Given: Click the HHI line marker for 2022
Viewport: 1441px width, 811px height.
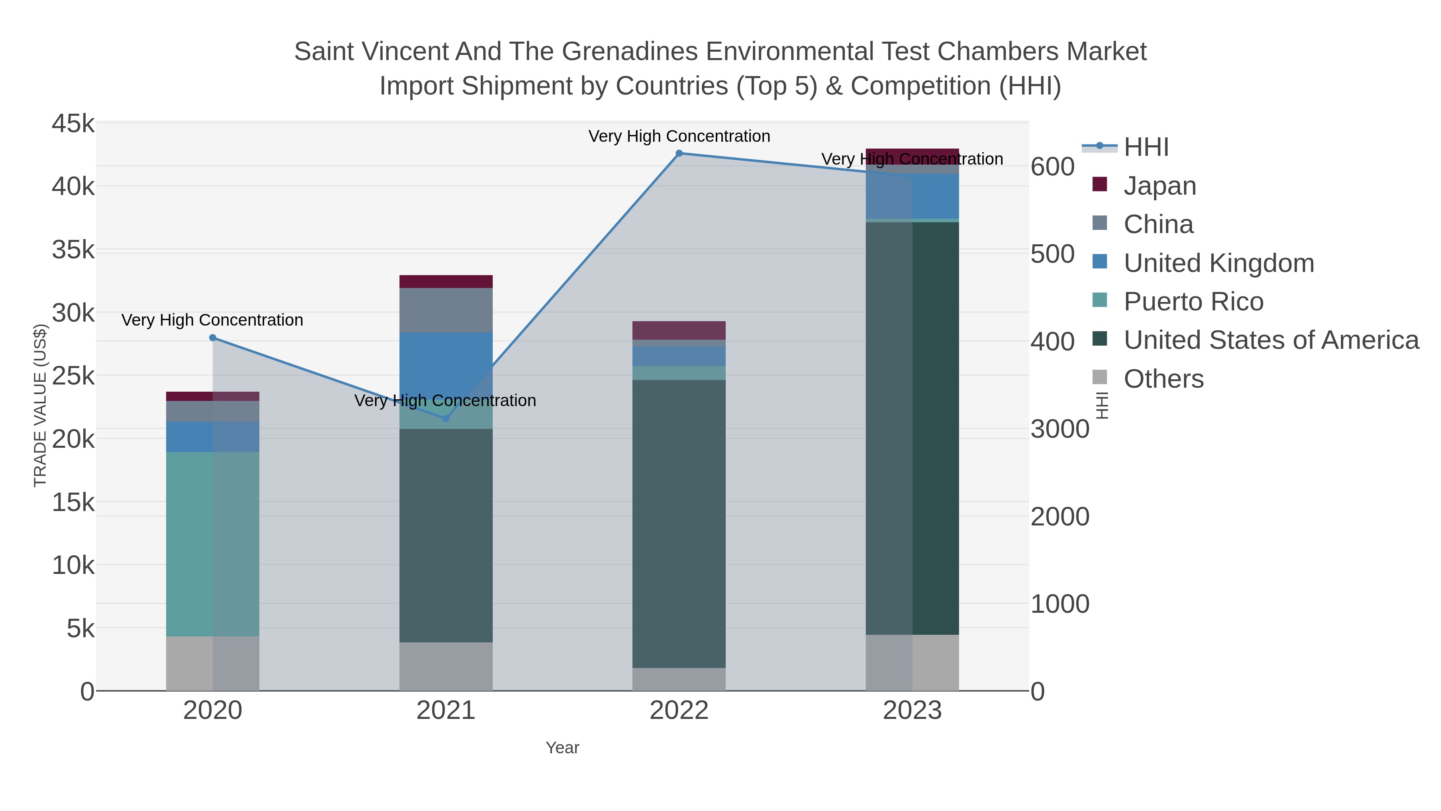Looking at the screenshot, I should click(x=679, y=153).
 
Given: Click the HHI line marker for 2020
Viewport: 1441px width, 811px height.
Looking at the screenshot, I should click(x=213, y=338).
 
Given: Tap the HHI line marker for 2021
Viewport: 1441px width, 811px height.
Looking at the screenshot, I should click(x=446, y=419).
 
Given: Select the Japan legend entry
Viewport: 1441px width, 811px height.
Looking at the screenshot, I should click(x=1160, y=186).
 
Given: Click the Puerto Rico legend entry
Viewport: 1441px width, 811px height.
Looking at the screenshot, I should click(x=1193, y=302).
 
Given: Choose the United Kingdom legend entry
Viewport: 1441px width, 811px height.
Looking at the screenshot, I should click(x=1218, y=263).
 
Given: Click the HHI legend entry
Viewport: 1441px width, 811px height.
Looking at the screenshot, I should click(x=1146, y=147).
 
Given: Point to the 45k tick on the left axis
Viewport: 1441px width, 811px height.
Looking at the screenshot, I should click(x=73, y=124).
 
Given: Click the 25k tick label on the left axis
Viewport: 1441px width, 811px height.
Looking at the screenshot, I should click(x=73, y=376).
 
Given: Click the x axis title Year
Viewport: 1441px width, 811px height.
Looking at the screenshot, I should click(x=562, y=748).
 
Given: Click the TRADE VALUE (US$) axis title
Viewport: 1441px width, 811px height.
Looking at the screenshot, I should click(x=40, y=405).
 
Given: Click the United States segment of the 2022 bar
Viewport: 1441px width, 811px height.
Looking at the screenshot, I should click(x=679, y=523).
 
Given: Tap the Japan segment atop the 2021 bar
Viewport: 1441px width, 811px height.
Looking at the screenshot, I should click(x=446, y=282).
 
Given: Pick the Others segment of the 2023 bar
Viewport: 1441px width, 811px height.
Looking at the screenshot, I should click(x=912, y=663).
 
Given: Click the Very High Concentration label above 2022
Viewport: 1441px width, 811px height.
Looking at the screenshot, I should click(x=679, y=137).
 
